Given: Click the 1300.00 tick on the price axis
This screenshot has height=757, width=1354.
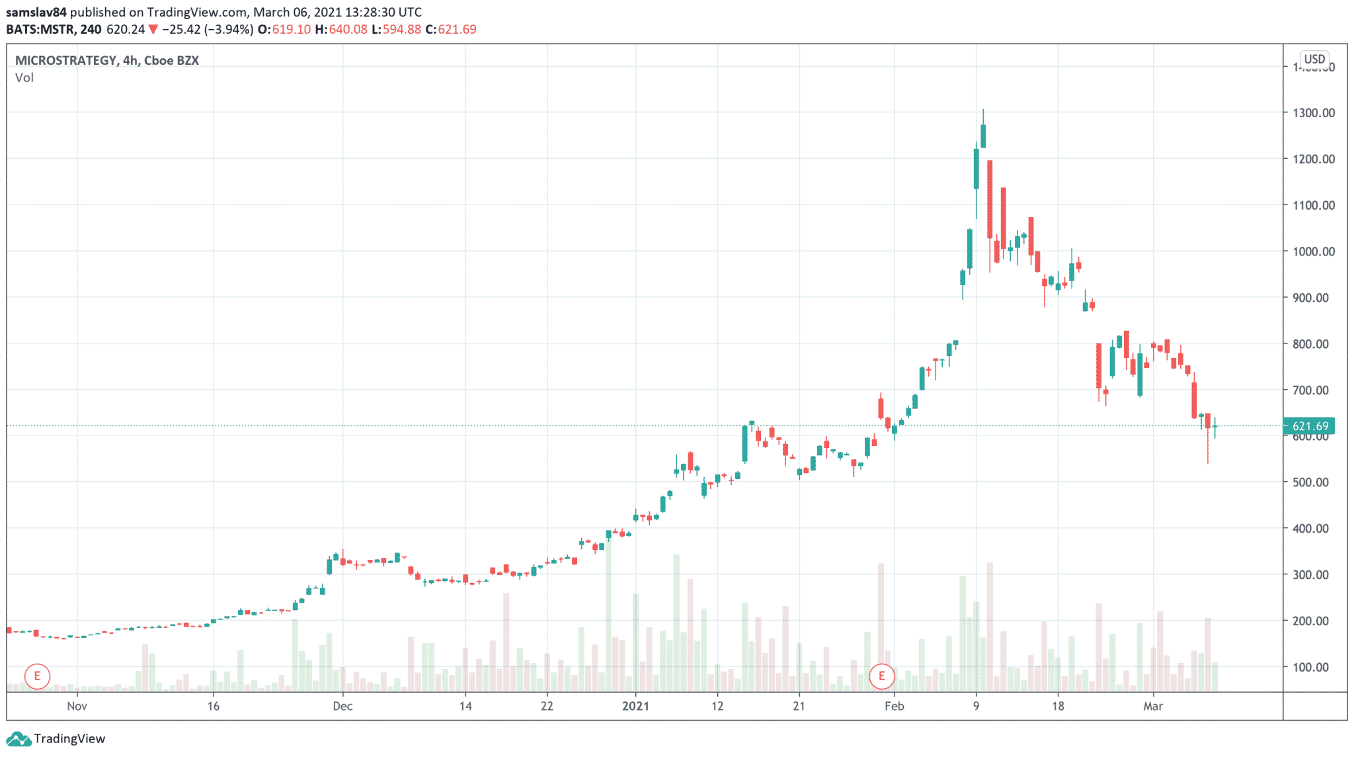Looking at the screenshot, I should (x=1313, y=113).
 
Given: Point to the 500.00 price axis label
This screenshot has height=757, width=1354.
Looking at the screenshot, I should (x=1313, y=482).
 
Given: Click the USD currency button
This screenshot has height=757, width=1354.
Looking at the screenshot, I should (x=1314, y=59).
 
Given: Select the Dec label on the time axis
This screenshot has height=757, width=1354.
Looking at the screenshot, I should (x=342, y=706).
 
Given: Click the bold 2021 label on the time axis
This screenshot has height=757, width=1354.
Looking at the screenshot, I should (x=635, y=706).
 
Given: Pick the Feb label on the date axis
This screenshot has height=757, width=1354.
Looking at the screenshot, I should (x=894, y=706).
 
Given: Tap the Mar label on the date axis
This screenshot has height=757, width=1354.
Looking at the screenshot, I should (x=1153, y=706).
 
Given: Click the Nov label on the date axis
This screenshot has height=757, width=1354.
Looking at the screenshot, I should (x=77, y=706).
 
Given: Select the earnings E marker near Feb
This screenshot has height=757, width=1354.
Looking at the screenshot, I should (x=881, y=676).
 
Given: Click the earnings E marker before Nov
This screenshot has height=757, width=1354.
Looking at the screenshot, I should (x=37, y=676).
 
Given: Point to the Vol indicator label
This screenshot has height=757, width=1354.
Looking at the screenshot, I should (x=24, y=77).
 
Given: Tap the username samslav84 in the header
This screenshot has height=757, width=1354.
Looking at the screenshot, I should (x=36, y=12).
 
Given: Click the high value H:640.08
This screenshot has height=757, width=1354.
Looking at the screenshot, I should (x=340, y=29).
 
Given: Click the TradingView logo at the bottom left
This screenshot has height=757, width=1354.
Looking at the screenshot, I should (x=56, y=738).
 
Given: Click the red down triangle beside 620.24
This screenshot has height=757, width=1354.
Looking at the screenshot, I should (x=153, y=29).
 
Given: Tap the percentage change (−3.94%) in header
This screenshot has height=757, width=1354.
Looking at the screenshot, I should (x=228, y=29).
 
